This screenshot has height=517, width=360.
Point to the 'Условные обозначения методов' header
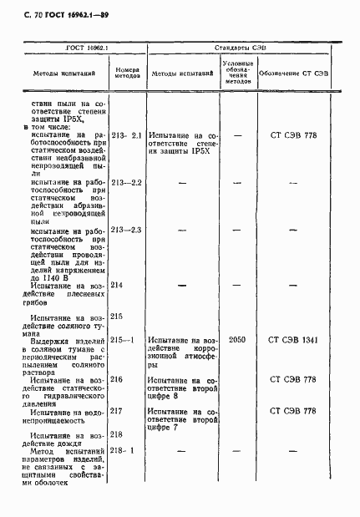[237, 73]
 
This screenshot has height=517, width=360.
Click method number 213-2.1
[127, 134]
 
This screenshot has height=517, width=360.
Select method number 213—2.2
[127, 182]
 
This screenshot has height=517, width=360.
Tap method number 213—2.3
[127, 230]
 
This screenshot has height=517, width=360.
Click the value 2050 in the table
[237, 340]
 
